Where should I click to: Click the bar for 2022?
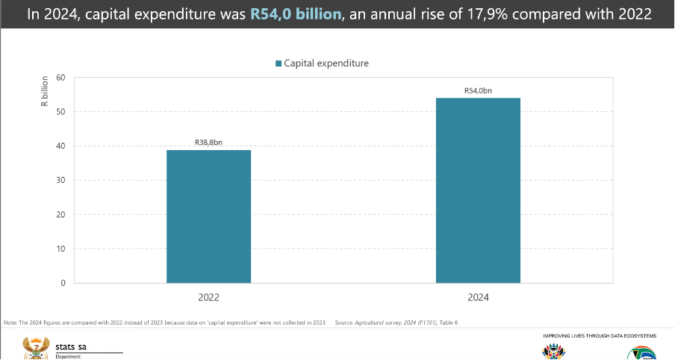coord(208,217)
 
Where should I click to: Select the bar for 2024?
coord(478,190)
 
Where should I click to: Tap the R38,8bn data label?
coord(208,142)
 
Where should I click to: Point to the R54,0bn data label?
coord(478,90)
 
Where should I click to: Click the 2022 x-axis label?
coord(208,297)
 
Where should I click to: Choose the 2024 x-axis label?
coord(478,297)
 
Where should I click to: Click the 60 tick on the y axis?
coord(60,78)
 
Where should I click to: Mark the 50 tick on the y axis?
coord(60,112)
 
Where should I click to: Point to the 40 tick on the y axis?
coord(60,146)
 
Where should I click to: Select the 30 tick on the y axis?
coord(60,181)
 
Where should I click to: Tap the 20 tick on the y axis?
coord(60,215)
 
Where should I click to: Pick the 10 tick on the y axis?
coord(60,249)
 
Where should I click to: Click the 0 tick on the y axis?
coord(63,284)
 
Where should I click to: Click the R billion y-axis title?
coord(44,91)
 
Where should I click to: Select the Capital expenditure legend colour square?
coord(279,63)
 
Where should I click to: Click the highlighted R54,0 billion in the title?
coord(295,14)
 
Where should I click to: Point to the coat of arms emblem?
coord(34,347)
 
